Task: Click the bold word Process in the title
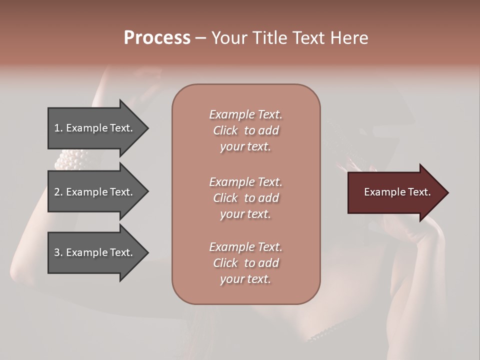157,37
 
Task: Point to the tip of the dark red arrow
447,192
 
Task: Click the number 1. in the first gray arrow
58,128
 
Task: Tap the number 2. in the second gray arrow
58,192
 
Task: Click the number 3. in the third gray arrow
58,252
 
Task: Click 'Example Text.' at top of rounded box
245,114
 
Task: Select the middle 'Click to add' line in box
245,198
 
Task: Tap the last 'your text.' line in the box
245,279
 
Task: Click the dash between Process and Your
200,37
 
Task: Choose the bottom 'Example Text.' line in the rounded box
245,247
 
